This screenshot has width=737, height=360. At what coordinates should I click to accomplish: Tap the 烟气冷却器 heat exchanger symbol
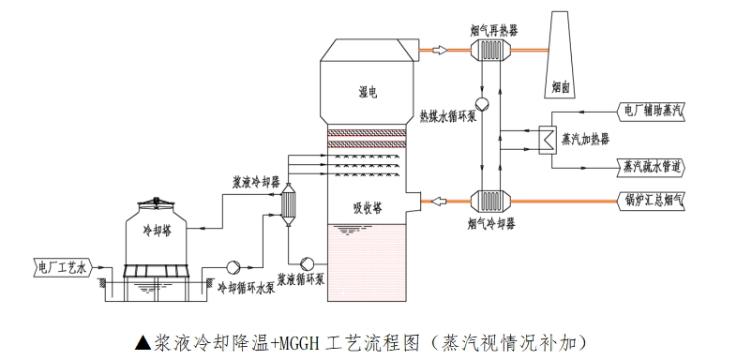click(x=489, y=201)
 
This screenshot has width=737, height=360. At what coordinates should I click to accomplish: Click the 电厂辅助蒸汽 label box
click(x=654, y=111)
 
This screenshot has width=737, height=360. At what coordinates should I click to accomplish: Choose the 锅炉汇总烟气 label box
click(x=654, y=200)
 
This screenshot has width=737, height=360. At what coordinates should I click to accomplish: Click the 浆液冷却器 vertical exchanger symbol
click(x=290, y=202)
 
